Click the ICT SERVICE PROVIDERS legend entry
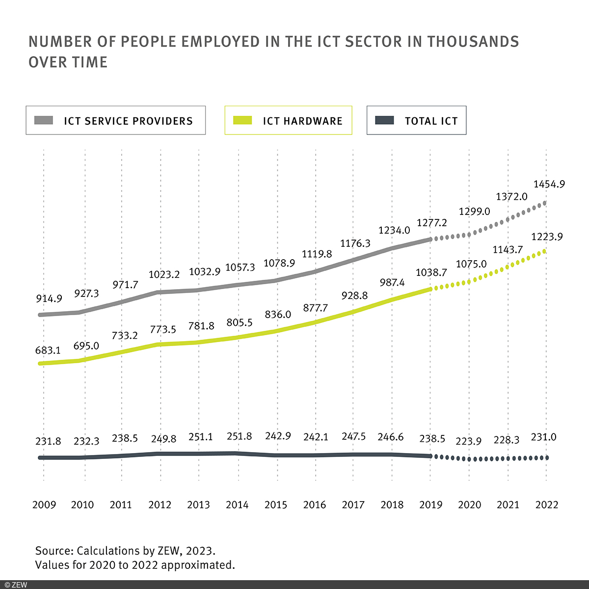pyautogui.click(x=116, y=121)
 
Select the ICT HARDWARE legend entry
pyautogui.click(x=289, y=121)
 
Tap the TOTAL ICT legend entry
pyautogui.click(x=417, y=121)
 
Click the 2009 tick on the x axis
pyautogui.click(x=44, y=505)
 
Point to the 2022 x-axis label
pyautogui.click(x=547, y=505)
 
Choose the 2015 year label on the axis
pyautogui.click(x=276, y=505)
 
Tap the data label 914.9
pyautogui.click(x=49, y=298)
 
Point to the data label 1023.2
pyautogui.click(x=164, y=274)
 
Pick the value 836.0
pyautogui.click(x=278, y=314)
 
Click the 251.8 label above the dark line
pyautogui.click(x=239, y=436)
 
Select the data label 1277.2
pyautogui.click(x=432, y=223)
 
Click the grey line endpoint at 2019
pyautogui.click(x=430, y=239)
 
